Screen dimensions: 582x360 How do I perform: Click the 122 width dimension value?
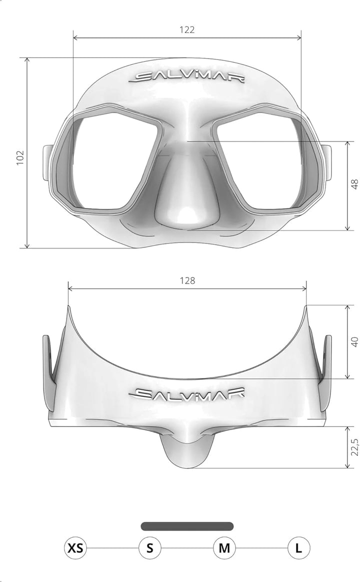(x=187, y=29)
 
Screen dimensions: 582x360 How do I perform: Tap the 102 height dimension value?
(x=20, y=157)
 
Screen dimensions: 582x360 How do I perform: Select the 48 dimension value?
(x=354, y=184)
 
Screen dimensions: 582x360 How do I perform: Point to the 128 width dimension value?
(x=187, y=280)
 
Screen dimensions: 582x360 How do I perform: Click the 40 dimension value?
(x=354, y=342)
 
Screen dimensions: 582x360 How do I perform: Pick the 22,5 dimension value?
(x=354, y=447)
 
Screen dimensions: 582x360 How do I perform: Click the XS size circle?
(x=75, y=548)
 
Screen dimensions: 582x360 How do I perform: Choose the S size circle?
(x=149, y=548)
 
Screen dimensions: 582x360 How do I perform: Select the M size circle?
(x=224, y=548)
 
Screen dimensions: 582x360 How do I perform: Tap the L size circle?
(x=298, y=548)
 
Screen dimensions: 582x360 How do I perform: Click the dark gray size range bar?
(x=187, y=526)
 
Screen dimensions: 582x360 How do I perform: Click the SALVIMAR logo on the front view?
(x=187, y=77)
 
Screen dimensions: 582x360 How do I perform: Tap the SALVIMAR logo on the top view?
(x=187, y=393)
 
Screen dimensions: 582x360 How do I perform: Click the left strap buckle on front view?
(x=48, y=162)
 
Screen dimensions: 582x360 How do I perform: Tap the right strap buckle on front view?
(x=326, y=162)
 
